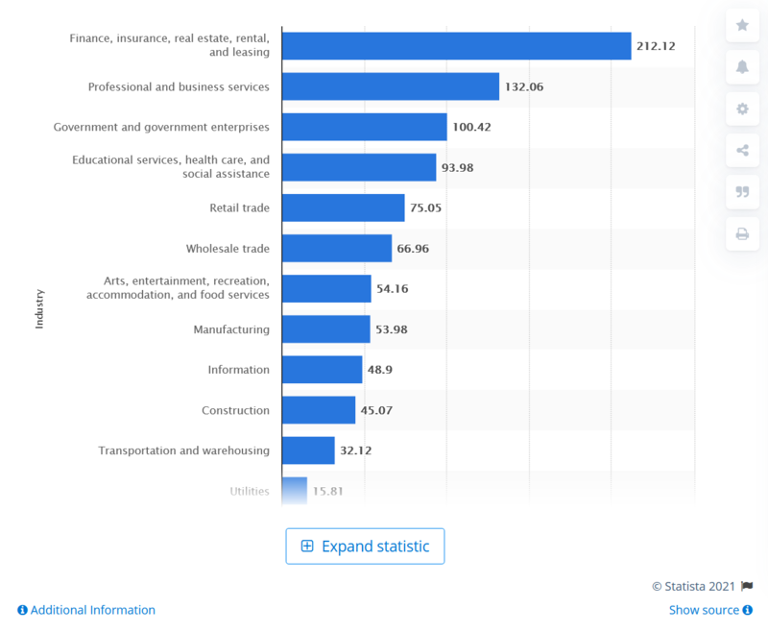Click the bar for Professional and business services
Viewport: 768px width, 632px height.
pyautogui.click(x=391, y=86)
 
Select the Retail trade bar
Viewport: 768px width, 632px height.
pyautogui.click(x=344, y=207)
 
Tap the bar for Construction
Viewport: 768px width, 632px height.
pyautogui.click(x=319, y=410)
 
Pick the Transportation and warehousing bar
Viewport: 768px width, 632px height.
pyautogui.click(x=308, y=450)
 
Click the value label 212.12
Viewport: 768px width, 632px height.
pyautogui.click(x=656, y=46)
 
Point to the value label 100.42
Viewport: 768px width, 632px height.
pyautogui.click(x=471, y=127)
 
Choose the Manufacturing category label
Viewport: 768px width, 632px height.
pyautogui.click(x=231, y=329)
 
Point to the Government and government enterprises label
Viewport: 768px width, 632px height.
pyautogui.click(x=161, y=127)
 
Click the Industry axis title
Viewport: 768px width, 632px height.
pyautogui.click(x=39, y=309)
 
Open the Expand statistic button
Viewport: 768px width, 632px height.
pyautogui.click(x=365, y=546)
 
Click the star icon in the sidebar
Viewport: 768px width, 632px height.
pyautogui.click(x=742, y=25)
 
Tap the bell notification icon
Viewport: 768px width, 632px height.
pyautogui.click(x=742, y=66)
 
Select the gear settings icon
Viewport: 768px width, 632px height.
pyautogui.click(x=742, y=109)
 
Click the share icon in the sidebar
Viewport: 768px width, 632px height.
pyautogui.click(x=742, y=150)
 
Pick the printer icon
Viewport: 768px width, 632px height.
pyautogui.click(x=742, y=233)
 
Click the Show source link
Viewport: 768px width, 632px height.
pyautogui.click(x=709, y=610)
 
